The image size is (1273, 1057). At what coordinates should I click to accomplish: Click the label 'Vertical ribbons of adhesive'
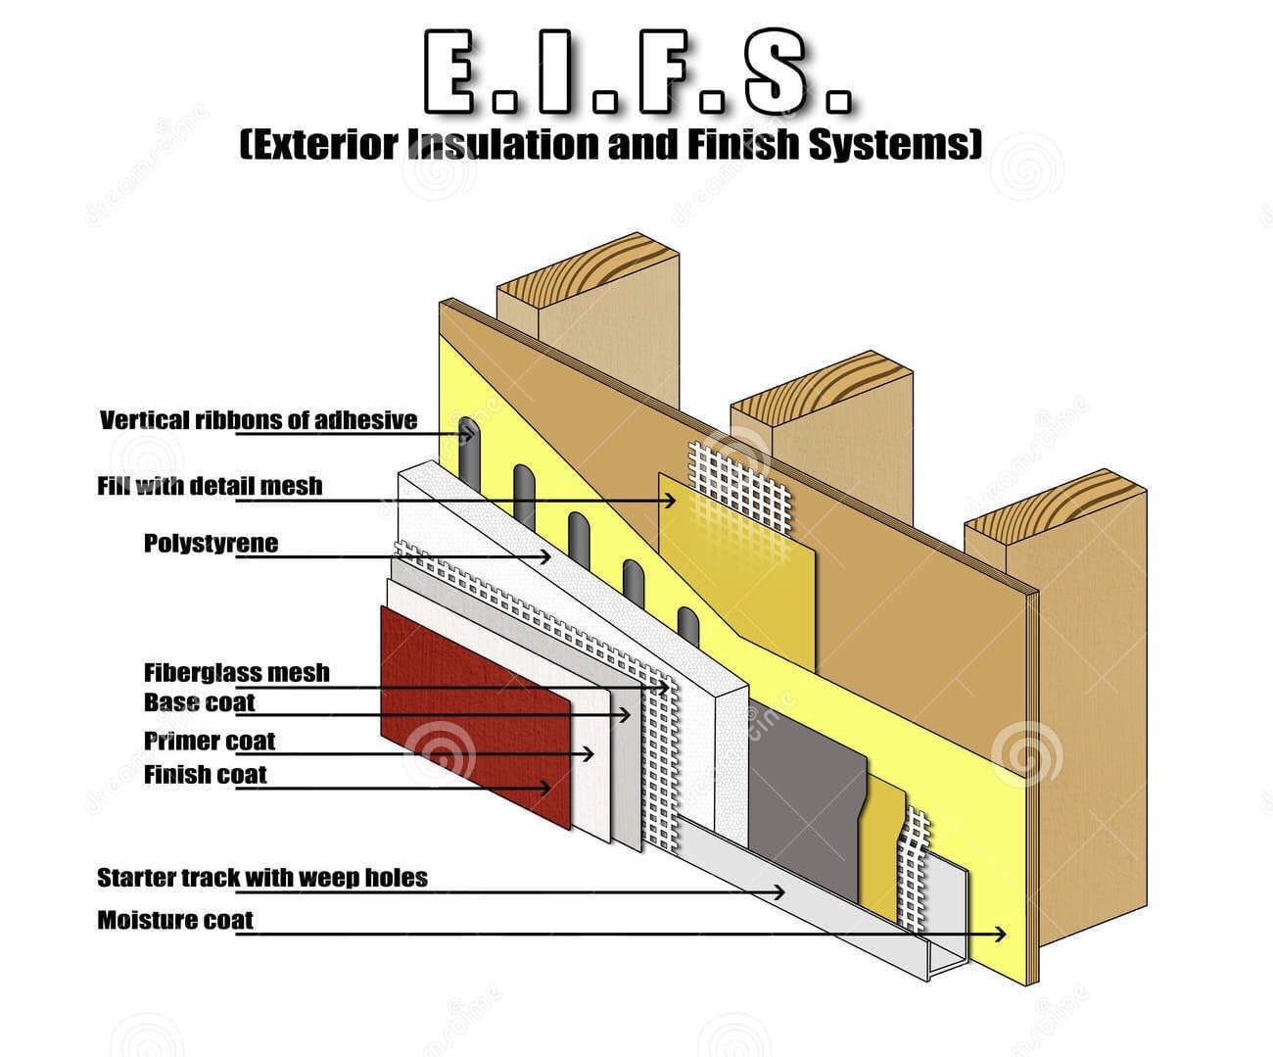pos(259,420)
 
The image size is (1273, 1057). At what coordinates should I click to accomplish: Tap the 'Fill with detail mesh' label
pos(210,486)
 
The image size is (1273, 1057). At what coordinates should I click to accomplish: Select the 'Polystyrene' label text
pos(211,543)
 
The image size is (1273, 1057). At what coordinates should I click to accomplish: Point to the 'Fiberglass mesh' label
pos(237,673)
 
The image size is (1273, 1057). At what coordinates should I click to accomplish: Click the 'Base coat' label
pos(200,702)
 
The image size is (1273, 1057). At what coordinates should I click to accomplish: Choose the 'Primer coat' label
pos(210,741)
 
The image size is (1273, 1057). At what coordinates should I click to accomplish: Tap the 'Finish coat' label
pos(206,775)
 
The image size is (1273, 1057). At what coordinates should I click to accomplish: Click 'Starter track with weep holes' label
pos(262,877)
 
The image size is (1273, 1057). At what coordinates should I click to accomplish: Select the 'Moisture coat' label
pos(175,920)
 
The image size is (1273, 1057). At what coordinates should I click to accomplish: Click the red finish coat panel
pos(470,715)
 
